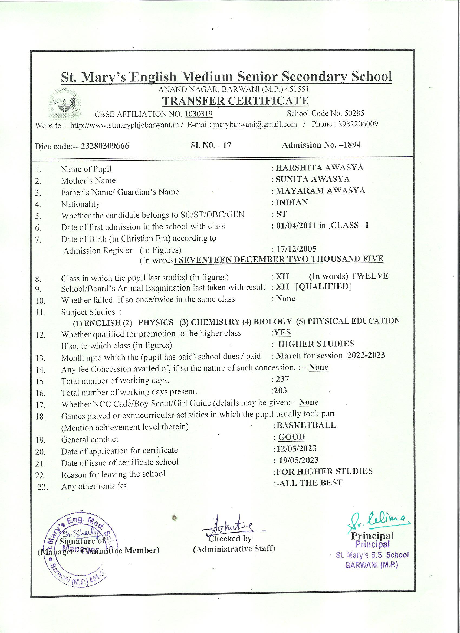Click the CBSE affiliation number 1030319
[198, 114]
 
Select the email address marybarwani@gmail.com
[255, 124]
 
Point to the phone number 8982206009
[358, 124]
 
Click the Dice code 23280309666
[105, 146]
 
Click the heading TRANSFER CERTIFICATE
[235, 101]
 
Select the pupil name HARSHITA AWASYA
[319, 168]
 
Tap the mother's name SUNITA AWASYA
[313, 179]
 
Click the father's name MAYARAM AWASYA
[320, 191]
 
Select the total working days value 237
[282, 379]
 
